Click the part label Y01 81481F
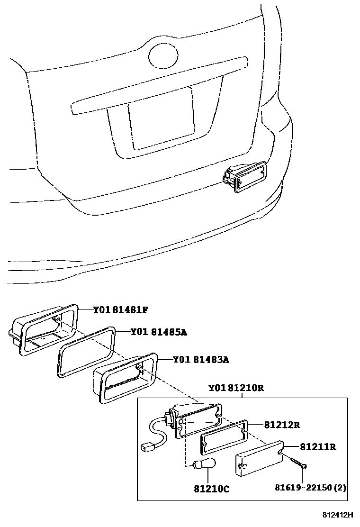click(x=120, y=310)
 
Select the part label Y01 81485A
click(x=158, y=332)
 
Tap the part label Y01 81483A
click(x=201, y=360)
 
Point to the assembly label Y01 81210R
click(x=235, y=388)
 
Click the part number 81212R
click(x=282, y=425)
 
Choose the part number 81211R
click(x=317, y=447)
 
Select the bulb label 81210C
click(x=211, y=489)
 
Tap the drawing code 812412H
click(x=339, y=515)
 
